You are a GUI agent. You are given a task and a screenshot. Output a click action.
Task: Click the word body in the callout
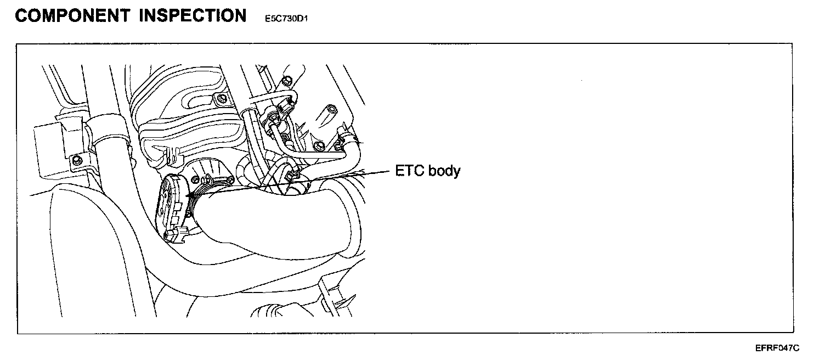point(443,171)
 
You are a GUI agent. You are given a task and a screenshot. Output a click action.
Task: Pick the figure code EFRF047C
point(777,348)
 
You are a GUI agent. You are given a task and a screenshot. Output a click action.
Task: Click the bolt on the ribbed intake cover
point(220,99)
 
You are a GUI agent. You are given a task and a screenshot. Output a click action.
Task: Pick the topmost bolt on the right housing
point(288,82)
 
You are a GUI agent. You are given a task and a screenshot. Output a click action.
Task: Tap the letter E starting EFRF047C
point(758,348)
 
